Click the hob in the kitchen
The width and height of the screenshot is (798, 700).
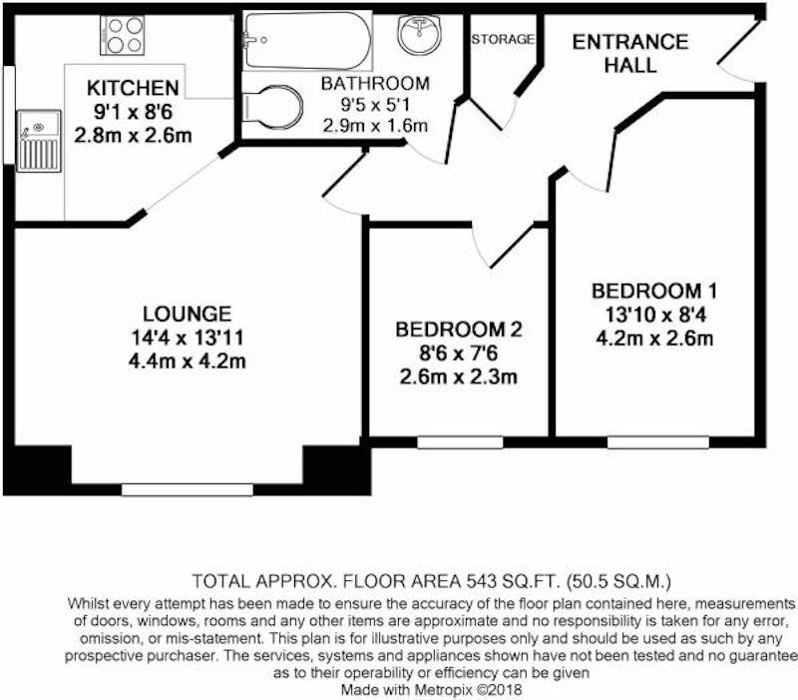pos(122,35)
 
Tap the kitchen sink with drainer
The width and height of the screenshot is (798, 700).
pos(39,141)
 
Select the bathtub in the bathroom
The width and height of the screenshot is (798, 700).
pos(307,40)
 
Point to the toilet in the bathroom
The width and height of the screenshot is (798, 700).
pos(272,108)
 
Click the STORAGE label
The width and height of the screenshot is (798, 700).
pos(503,39)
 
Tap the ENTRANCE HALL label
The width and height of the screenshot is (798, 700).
pos(630,53)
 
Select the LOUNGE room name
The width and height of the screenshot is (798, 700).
pos(187,314)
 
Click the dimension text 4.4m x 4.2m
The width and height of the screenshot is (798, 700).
pos(187,361)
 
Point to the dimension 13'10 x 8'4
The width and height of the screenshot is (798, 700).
pos(655,315)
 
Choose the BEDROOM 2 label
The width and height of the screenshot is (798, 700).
pos(459,330)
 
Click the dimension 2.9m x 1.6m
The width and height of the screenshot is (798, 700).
pos(375,126)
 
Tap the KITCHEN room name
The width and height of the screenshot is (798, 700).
pos(133,88)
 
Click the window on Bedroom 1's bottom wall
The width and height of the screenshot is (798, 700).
pos(658,442)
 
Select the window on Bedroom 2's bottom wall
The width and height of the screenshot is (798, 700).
pos(460,442)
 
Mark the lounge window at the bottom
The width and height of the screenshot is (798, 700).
pos(188,489)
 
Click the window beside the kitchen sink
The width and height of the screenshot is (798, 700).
pos(9,115)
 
